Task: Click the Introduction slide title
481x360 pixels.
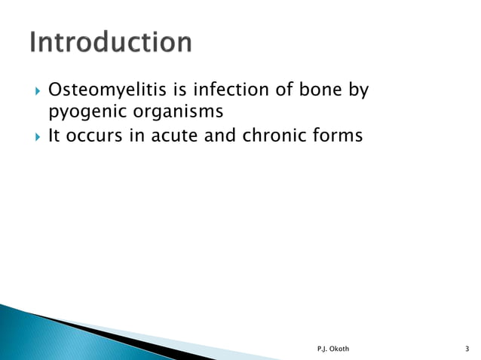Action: click(111, 42)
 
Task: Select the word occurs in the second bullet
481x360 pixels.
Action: click(91, 137)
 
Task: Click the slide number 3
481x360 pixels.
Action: click(468, 347)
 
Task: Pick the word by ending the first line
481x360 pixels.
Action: click(357, 92)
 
